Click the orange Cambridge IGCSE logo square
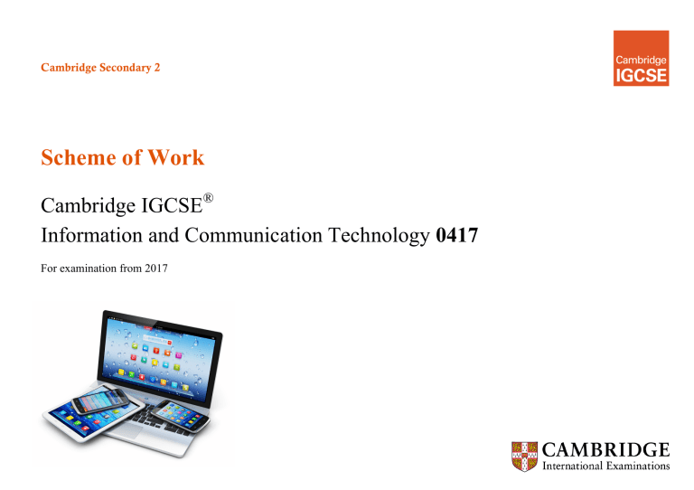(641, 58)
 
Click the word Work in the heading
(177, 158)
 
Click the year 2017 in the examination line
(154, 269)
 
